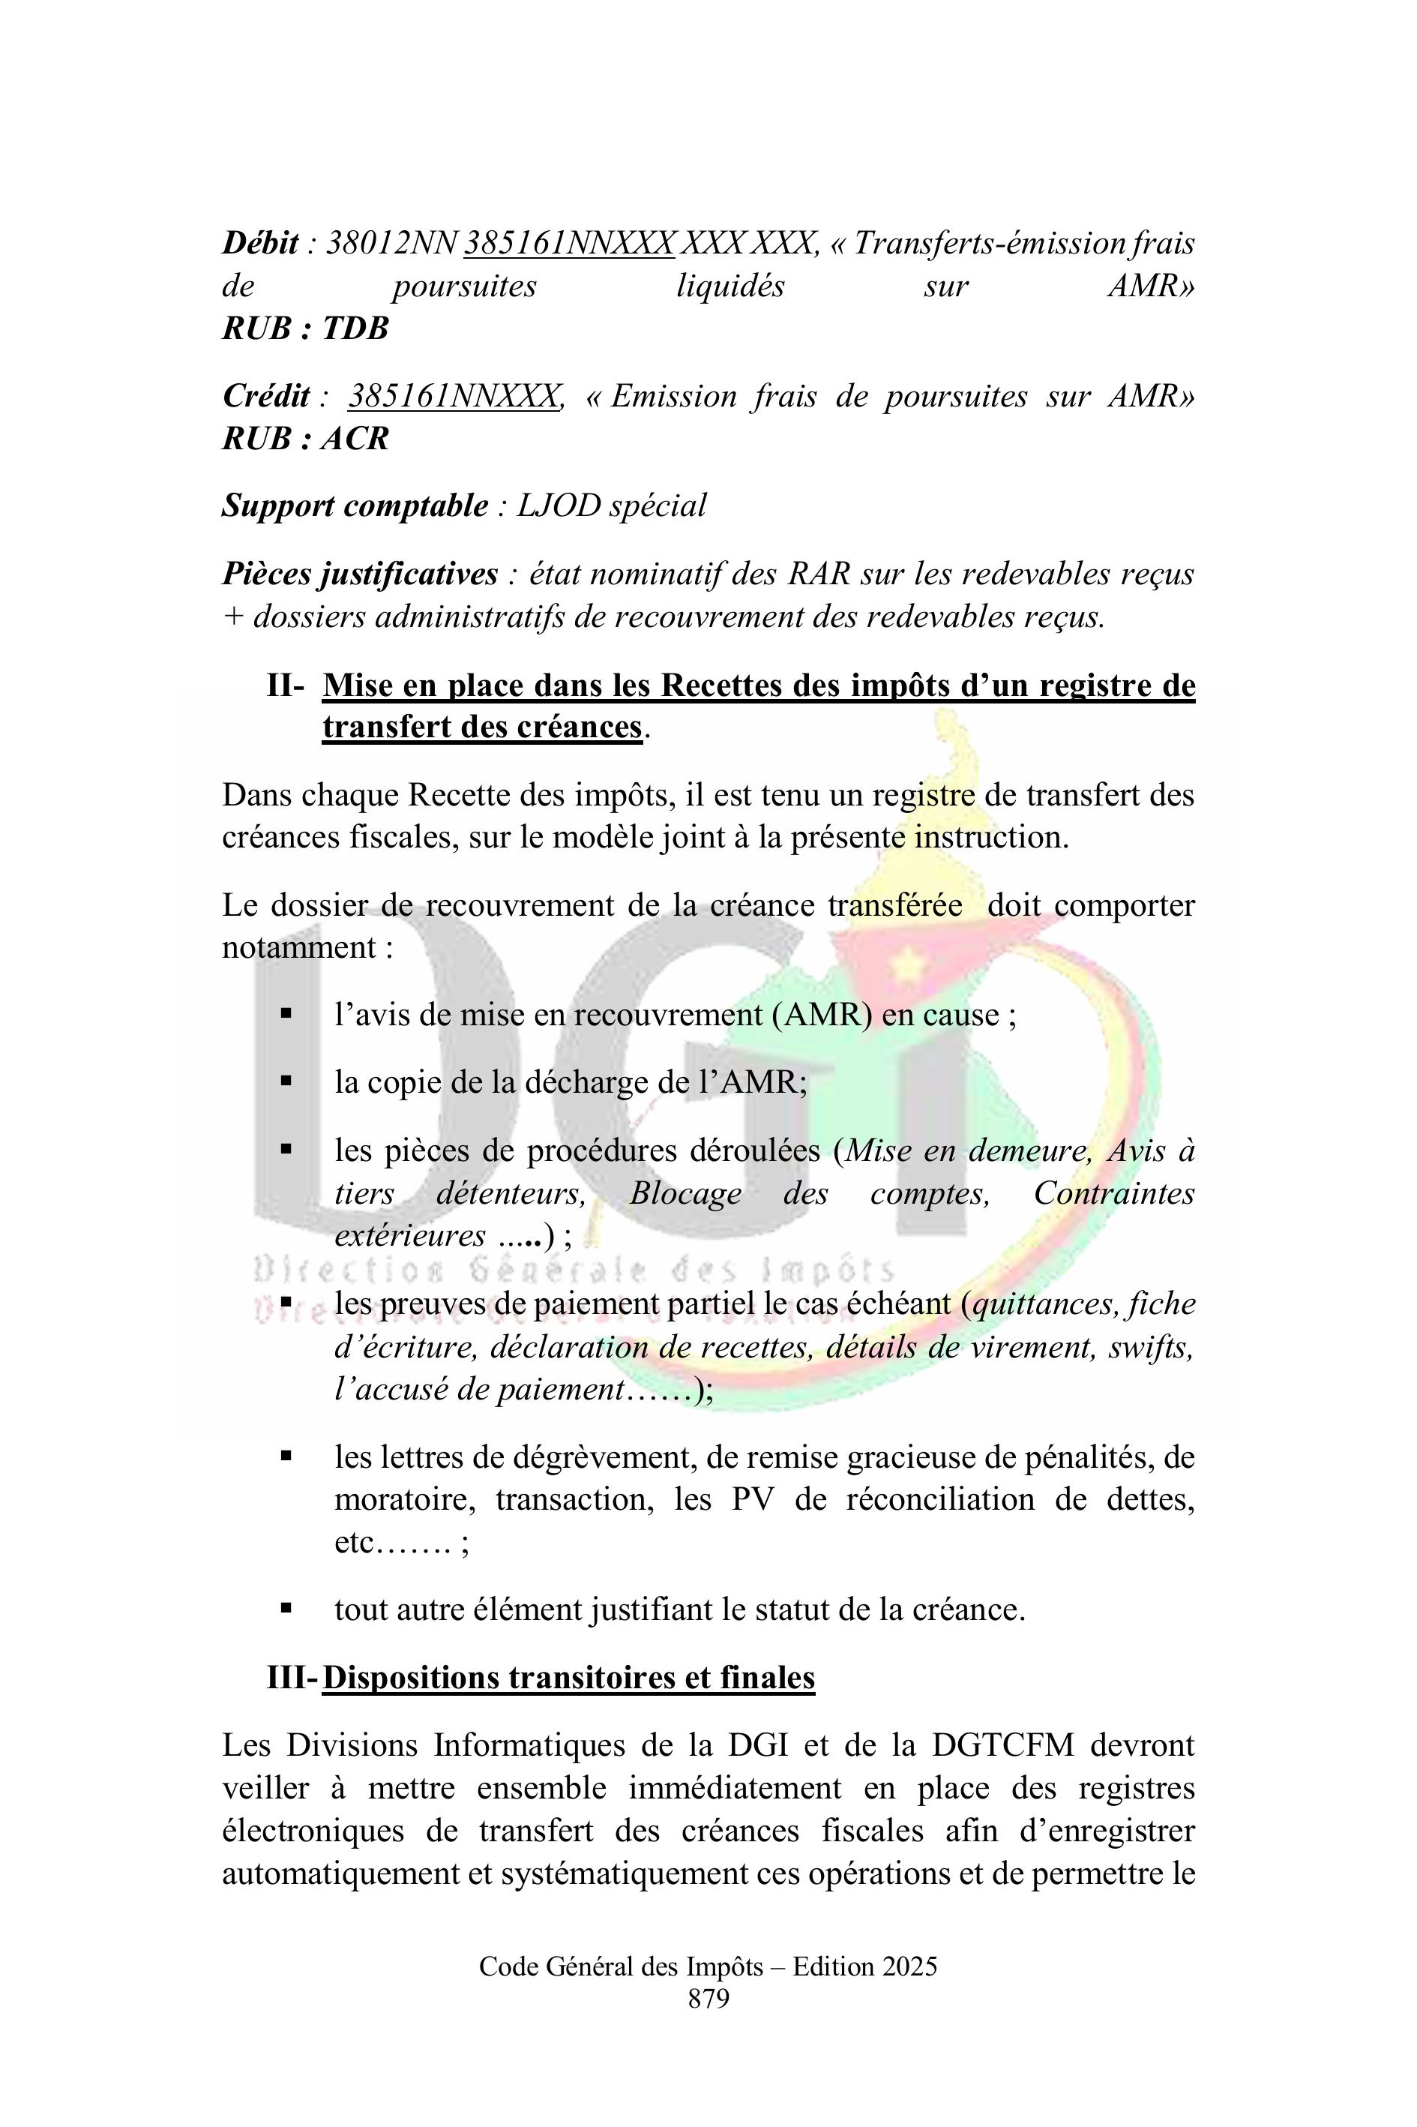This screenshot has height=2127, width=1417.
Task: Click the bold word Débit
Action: point(260,243)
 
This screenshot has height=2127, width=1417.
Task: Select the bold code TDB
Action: point(355,328)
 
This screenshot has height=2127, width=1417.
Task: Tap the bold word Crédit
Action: point(265,397)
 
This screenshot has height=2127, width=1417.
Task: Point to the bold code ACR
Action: point(355,439)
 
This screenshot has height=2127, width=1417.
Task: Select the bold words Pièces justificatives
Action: point(360,574)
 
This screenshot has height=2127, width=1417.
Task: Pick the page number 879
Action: point(708,1999)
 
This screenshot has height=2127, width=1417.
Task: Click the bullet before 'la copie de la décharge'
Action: point(286,1080)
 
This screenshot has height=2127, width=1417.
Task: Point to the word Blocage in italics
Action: point(685,1193)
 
